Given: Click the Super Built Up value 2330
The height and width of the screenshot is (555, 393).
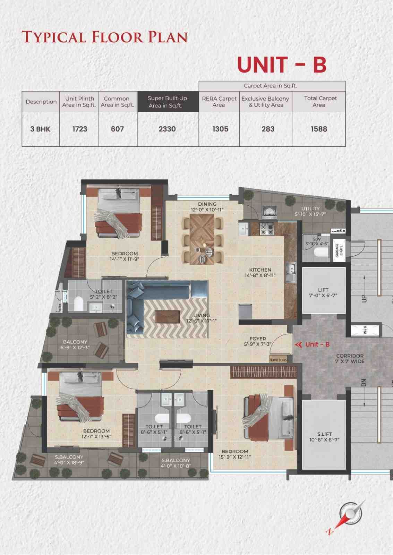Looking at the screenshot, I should point(167,129).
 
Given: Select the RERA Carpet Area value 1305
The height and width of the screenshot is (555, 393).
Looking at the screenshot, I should point(220,129).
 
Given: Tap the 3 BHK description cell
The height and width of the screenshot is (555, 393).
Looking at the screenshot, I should point(40,129).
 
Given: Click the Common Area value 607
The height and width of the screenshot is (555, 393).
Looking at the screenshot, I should point(117,129).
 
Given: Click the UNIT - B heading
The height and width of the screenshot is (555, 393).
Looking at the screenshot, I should point(281,65).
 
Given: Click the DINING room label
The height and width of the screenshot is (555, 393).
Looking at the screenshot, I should point(207,204).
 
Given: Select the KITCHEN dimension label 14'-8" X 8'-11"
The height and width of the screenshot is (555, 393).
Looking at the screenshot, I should point(260,275).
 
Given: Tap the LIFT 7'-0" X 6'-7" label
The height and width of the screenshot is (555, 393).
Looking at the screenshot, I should point(323,292).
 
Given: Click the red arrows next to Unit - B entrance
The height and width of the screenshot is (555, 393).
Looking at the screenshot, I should point(298,344).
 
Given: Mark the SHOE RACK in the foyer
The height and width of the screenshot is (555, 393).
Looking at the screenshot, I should point(279,360).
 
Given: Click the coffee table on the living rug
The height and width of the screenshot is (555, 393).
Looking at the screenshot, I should point(167,317).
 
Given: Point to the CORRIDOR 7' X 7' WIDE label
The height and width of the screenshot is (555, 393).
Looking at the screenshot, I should point(350,358).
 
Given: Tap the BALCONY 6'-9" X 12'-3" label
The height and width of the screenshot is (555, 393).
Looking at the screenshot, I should point(75,344).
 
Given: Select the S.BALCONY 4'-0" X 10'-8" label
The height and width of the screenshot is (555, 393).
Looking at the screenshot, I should point(176,463).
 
